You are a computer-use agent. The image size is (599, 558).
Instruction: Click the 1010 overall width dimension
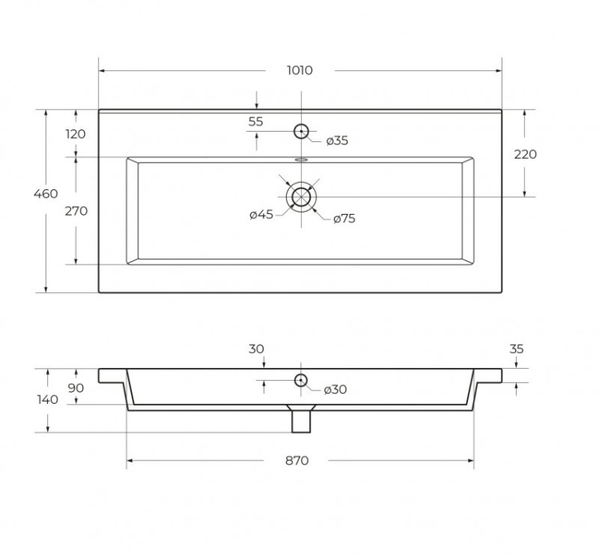[299, 70]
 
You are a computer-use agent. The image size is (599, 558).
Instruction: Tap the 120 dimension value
[75, 134]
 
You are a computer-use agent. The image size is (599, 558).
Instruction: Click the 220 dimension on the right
[526, 154]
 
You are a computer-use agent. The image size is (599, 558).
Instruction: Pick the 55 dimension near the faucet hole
[256, 121]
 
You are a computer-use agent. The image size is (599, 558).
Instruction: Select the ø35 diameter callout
[337, 141]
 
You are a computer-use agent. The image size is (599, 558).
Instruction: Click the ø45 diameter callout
[261, 214]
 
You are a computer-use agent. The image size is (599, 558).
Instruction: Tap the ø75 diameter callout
[344, 218]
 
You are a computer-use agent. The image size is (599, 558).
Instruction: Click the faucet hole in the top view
[301, 131]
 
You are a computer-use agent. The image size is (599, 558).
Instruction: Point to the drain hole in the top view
[300, 196]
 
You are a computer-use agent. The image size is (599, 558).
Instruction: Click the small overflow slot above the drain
[300, 160]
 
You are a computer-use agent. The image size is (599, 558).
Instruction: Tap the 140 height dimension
[47, 400]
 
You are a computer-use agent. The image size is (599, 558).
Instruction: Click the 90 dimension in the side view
[76, 387]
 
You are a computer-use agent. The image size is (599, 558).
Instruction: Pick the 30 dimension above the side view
[256, 349]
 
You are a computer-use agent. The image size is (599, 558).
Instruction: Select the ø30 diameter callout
[335, 390]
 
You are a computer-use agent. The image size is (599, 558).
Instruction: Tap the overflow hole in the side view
[300, 381]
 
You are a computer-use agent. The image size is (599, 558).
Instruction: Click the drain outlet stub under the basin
[300, 420]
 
